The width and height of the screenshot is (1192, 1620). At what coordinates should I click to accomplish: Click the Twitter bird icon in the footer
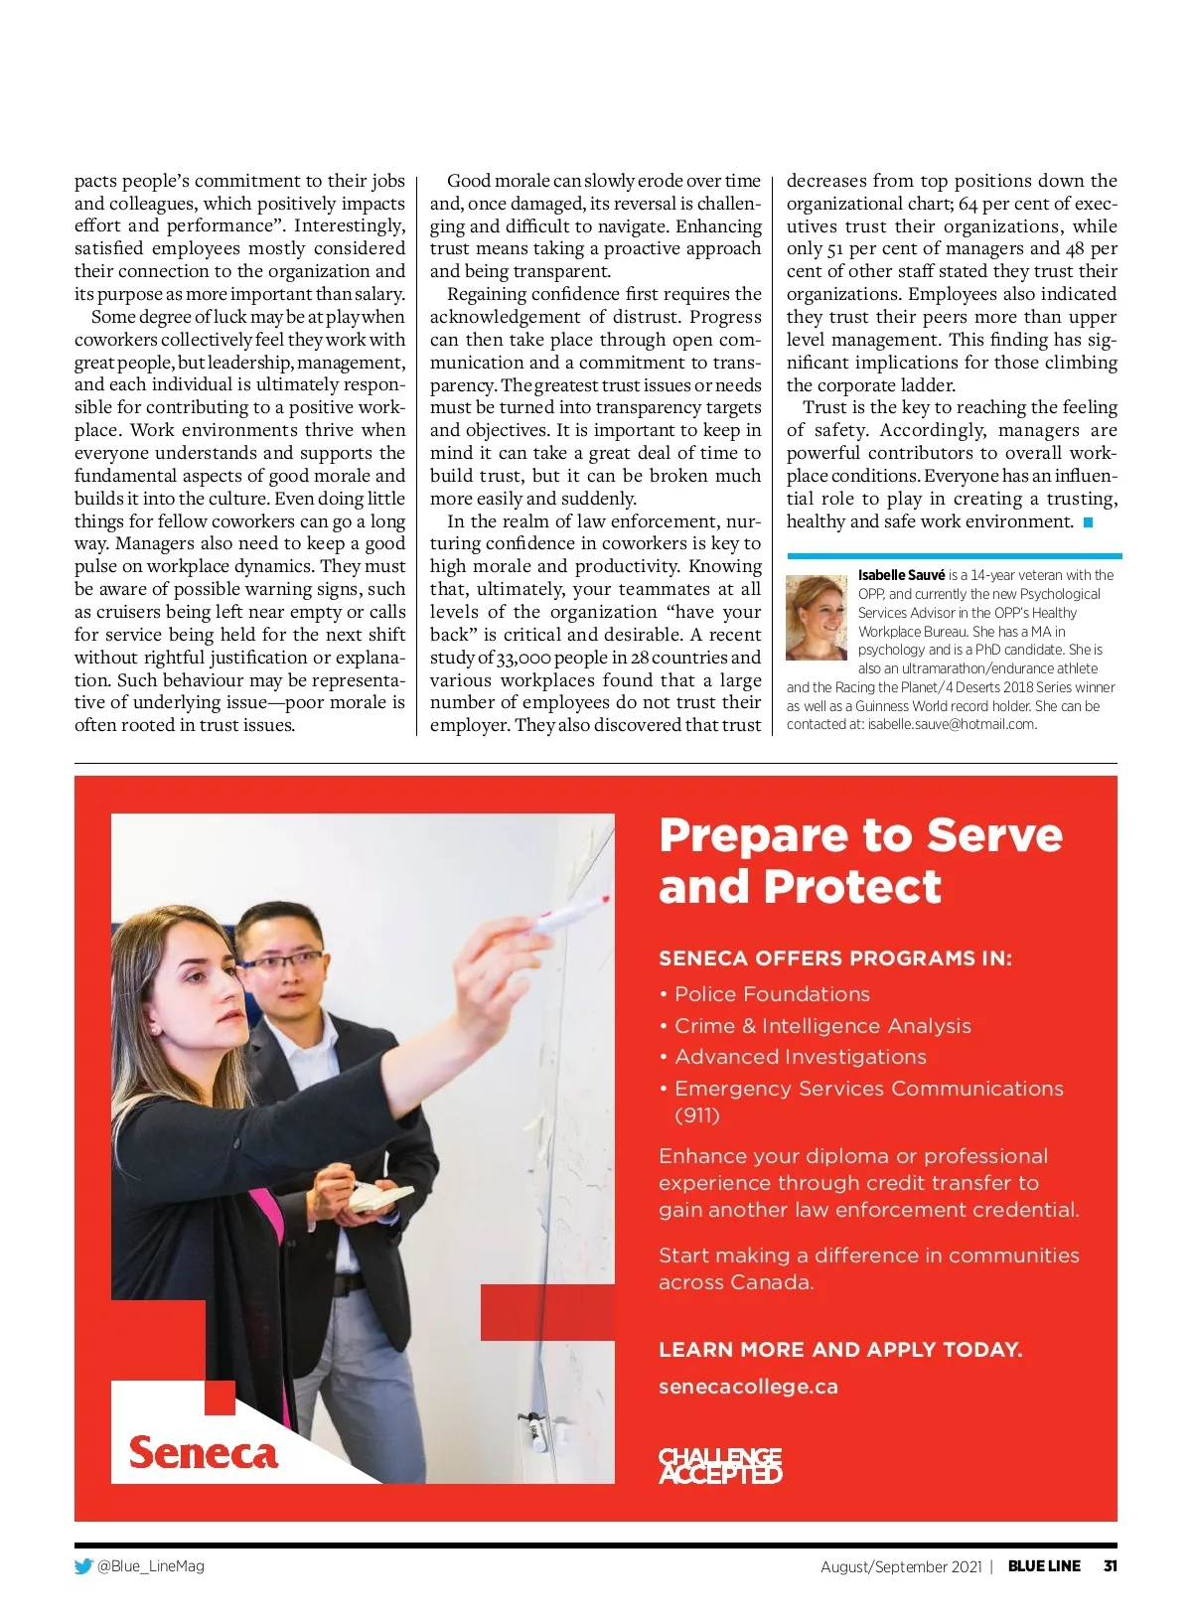(x=83, y=1566)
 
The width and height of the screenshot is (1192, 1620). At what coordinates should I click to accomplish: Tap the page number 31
(x=1110, y=1566)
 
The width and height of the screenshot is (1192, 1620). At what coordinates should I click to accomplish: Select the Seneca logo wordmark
(x=203, y=1453)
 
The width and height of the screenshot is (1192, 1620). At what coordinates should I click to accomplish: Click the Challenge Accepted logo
(x=720, y=1465)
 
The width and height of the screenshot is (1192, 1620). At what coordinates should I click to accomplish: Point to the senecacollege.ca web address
(x=748, y=1387)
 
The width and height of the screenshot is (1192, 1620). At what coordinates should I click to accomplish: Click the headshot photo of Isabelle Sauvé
(x=816, y=618)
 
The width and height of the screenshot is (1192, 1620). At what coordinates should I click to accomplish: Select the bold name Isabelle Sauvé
(x=901, y=575)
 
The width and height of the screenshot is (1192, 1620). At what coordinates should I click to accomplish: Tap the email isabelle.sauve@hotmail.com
(x=952, y=724)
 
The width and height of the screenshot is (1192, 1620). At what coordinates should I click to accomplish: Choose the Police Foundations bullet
(x=771, y=994)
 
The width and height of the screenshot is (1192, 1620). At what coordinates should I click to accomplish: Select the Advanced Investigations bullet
(x=800, y=1057)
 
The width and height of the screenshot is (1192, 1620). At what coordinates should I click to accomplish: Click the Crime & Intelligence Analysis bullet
(x=821, y=1026)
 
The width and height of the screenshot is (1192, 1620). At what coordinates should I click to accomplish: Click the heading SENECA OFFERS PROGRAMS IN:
(x=835, y=958)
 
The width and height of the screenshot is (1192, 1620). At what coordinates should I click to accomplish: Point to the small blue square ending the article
(x=1088, y=522)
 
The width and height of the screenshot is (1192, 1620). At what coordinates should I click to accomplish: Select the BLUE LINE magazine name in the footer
(x=1044, y=1566)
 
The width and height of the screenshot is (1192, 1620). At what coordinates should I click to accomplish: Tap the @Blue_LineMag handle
(x=151, y=1566)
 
